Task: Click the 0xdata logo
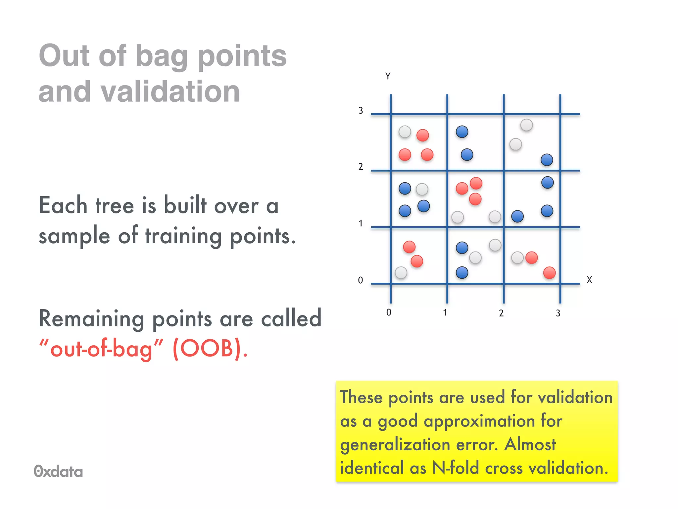pyautogui.click(x=58, y=471)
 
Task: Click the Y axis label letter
pyautogui.click(x=388, y=76)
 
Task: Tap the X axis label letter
pyautogui.click(x=589, y=280)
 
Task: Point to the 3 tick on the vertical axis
pyautogui.click(x=361, y=111)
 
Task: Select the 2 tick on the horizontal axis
pyautogui.click(x=501, y=313)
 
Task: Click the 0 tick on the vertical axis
pyautogui.click(x=361, y=281)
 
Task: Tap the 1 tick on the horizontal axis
pyautogui.click(x=445, y=312)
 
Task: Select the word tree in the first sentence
pyautogui.click(x=115, y=205)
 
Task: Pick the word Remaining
pyautogui.click(x=91, y=318)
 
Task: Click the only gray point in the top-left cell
pyautogui.click(x=405, y=132)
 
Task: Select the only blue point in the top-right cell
pyautogui.click(x=547, y=160)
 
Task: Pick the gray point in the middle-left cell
pyautogui.click(x=422, y=189)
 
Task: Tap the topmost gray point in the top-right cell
pyautogui.click(x=526, y=125)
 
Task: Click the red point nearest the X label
pyautogui.click(x=549, y=273)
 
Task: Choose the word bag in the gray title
pyautogui.click(x=162, y=56)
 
